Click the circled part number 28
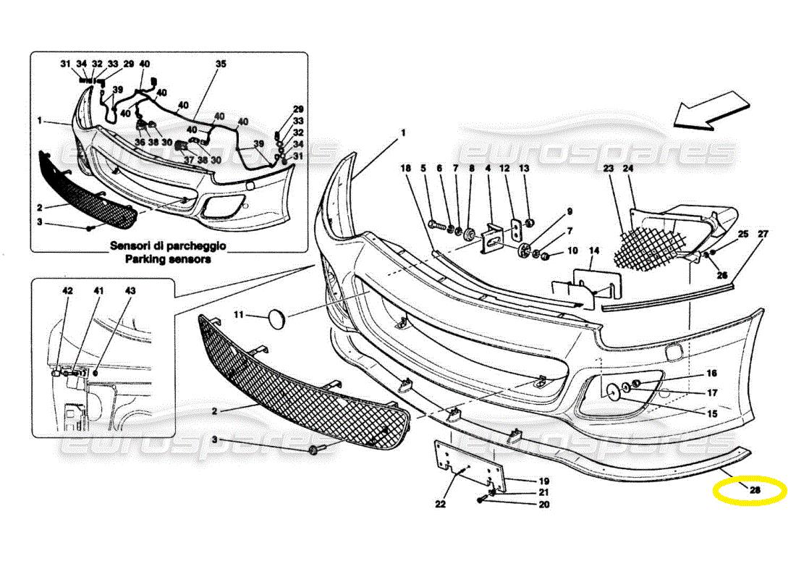pyautogui.click(x=755, y=490)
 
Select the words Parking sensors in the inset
pyautogui.click(x=168, y=258)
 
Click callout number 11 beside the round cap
pyautogui.click(x=238, y=315)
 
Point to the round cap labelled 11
pyautogui.click(x=276, y=318)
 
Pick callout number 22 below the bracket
pyautogui.click(x=441, y=505)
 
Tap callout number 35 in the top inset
pyautogui.click(x=221, y=64)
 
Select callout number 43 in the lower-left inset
pyautogui.click(x=130, y=290)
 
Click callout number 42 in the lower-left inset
pyautogui.click(x=67, y=290)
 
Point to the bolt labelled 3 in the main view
pyautogui.click(x=316, y=451)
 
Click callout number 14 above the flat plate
pyautogui.click(x=594, y=251)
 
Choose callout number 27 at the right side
pyautogui.click(x=763, y=234)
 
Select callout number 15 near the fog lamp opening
pyautogui.click(x=712, y=414)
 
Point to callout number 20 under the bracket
pyautogui.click(x=543, y=505)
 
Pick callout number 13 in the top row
pyautogui.click(x=524, y=168)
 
